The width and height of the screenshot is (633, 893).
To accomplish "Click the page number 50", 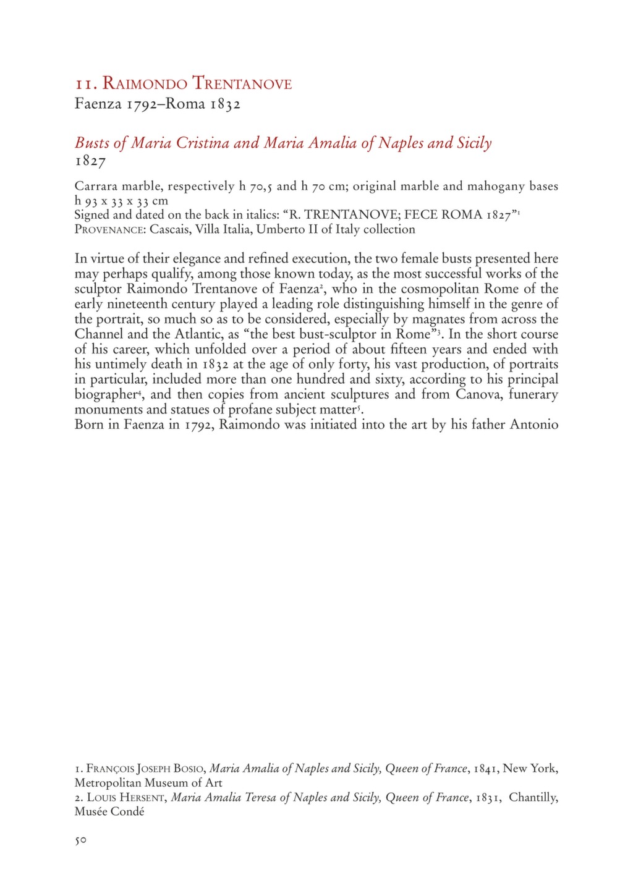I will tap(80, 840).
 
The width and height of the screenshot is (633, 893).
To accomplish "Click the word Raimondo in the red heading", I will tap(145, 83).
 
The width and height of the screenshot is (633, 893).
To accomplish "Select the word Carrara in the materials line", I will tap(96, 186).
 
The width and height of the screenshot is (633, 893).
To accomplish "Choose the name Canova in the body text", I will tap(480, 394).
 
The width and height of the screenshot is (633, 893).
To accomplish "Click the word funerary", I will tap(533, 394).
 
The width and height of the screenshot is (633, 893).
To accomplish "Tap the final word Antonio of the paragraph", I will tap(534, 425).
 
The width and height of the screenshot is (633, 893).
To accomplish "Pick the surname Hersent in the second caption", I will tap(146, 798).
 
